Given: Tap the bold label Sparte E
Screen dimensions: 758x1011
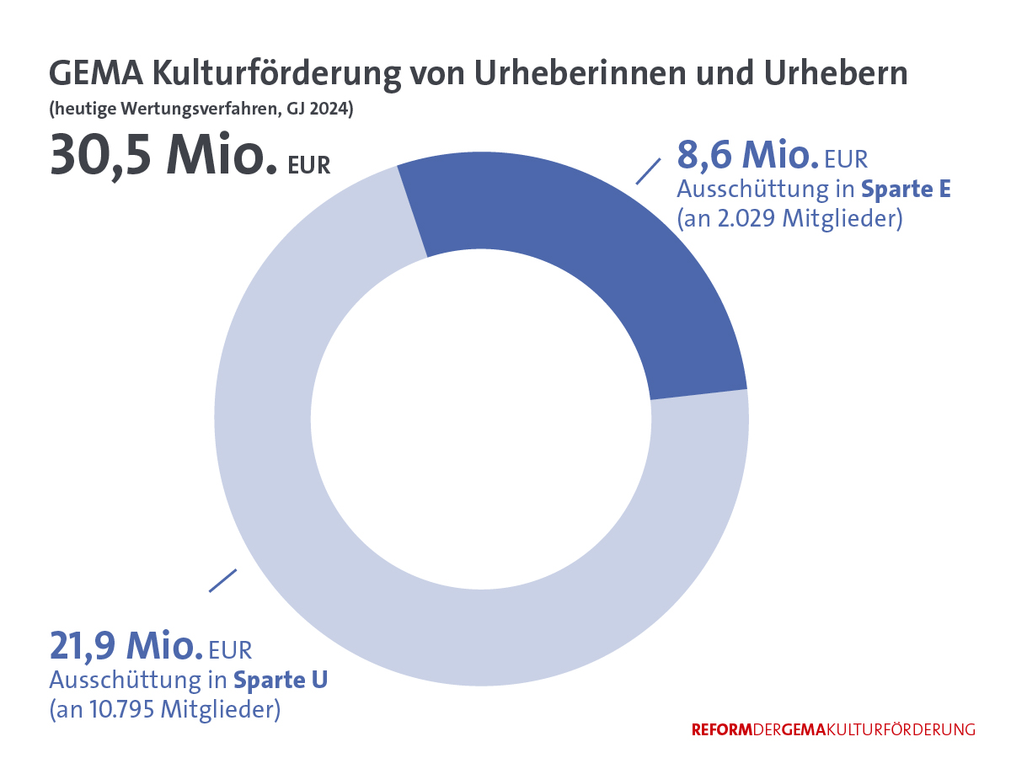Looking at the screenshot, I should [906, 189].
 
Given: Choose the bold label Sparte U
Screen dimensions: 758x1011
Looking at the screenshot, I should [280, 680].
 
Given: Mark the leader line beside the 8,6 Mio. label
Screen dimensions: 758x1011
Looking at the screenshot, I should [647, 170].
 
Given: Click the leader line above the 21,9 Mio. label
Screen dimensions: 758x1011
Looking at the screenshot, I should [222, 579].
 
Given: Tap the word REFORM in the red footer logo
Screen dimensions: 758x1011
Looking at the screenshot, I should [720, 729].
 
